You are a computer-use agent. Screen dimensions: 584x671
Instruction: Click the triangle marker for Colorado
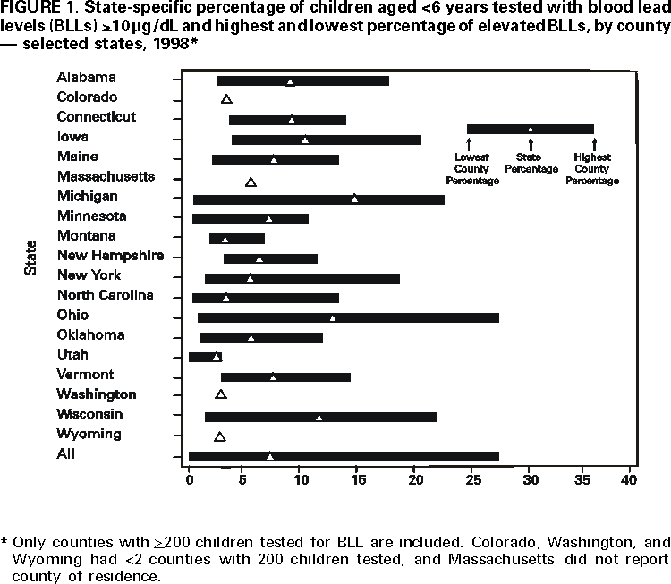click(x=226, y=99)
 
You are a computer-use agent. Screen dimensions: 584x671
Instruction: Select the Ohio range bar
click(x=348, y=317)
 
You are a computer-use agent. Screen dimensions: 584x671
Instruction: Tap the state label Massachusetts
click(x=106, y=176)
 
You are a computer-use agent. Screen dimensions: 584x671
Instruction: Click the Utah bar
click(x=205, y=357)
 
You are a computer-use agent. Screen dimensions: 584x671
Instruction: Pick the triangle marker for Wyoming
click(x=220, y=436)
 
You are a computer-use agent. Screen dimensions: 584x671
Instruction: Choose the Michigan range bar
click(x=319, y=199)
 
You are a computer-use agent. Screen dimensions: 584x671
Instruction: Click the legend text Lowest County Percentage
click(x=471, y=168)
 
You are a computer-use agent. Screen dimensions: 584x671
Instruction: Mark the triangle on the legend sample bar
click(x=530, y=129)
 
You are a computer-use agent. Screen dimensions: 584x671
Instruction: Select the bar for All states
click(x=344, y=456)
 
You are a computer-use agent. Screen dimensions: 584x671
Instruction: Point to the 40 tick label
click(x=630, y=481)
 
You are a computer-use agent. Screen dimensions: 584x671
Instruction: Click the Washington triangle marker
click(x=221, y=394)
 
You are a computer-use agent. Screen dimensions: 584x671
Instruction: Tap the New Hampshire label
click(x=110, y=256)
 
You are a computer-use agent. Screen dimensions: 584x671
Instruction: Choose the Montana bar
click(x=236, y=239)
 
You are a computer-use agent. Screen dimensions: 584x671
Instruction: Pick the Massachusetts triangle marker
click(x=251, y=182)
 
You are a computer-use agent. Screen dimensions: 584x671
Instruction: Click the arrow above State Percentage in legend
click(x=531, y=143)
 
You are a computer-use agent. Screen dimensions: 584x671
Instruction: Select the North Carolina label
click(x=105, y=295)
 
